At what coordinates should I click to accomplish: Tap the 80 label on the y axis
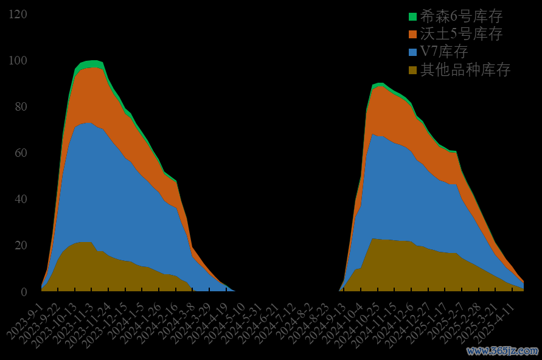(21, 106)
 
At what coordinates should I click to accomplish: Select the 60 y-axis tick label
(21, 153)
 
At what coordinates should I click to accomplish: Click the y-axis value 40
(21, 199)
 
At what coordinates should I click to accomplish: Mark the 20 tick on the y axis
(21, 245)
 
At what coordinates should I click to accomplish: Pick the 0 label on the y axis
(24, 292)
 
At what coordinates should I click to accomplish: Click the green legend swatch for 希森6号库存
(413, 16)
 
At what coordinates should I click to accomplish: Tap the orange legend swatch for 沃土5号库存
(413, 34)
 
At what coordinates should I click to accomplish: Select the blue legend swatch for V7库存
(413, 52)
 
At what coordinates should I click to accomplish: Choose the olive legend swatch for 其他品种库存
(413, 70)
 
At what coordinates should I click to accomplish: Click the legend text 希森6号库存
(462, 16)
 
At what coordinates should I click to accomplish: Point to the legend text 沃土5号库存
(462, 34)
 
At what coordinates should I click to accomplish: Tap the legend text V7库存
(444, 52)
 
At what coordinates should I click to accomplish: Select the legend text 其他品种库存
(465, 70)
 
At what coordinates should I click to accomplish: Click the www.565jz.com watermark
(502, 351)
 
